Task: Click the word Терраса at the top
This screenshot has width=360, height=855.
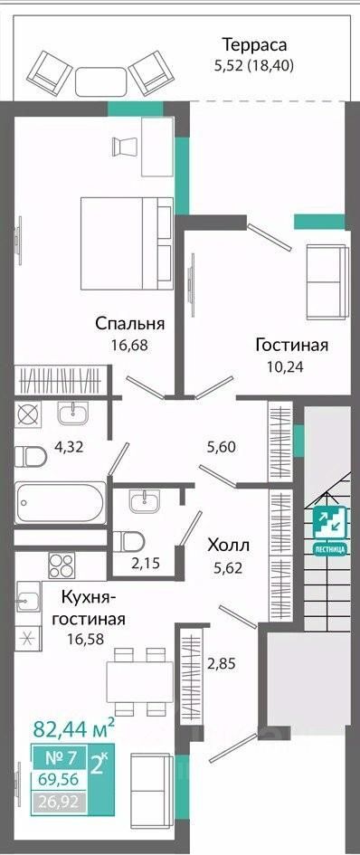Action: pos(253,44)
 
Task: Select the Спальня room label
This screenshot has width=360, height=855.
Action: pos(130,323)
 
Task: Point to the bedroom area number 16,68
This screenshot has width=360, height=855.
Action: pos(129,345)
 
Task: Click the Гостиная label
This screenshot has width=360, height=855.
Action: pos(292,345)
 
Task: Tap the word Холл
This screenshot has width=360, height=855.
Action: pos(228,545)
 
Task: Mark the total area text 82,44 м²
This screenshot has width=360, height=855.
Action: pos(74,728)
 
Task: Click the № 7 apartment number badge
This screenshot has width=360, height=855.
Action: pos(60,758)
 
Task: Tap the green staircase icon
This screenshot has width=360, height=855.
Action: pos(329,525)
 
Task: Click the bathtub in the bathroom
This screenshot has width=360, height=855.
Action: pos(61,503)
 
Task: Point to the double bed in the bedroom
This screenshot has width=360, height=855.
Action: pos(127,243)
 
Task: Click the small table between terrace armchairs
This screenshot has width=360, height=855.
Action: pos(101,82)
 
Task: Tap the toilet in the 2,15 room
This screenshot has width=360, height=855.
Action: pos(128,541)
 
